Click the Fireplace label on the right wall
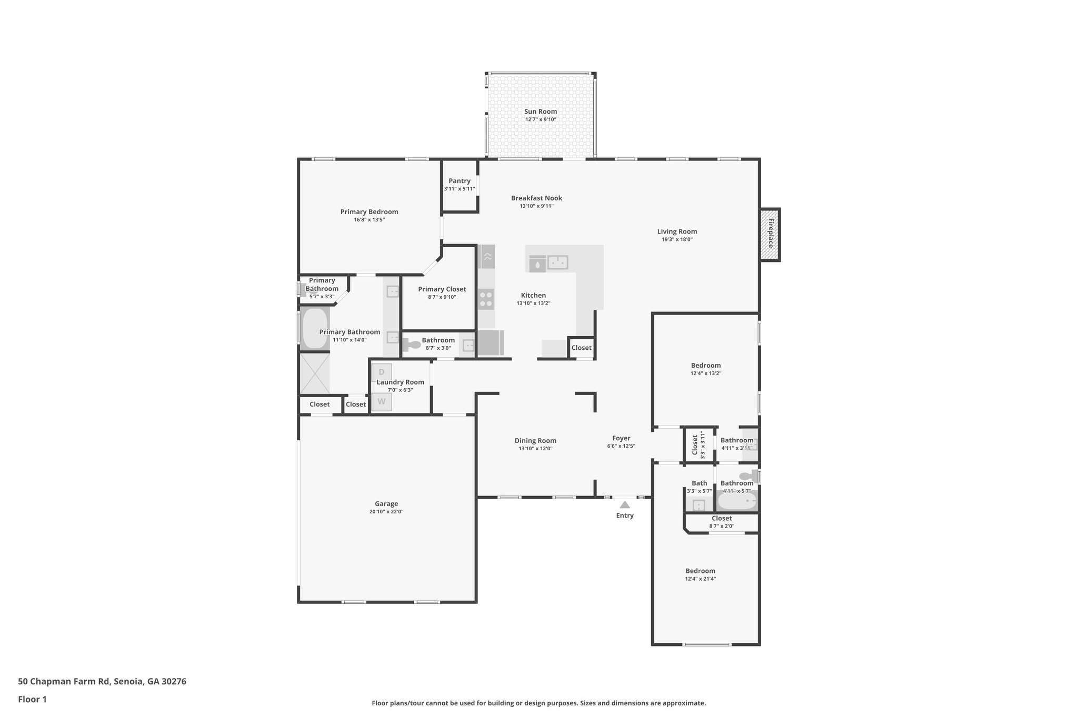[770, 234]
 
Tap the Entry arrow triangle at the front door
[625, 504]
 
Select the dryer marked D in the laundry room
[382, 372]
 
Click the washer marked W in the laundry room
[382, 402]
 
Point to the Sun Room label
[541, 112]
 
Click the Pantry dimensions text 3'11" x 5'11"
[459, 189]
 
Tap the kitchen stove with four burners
[486, 299]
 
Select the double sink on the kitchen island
[557, 262]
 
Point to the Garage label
[386, 503]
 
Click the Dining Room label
[535, 441]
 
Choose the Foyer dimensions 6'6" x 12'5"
[621, 446]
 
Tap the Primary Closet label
[442, 289]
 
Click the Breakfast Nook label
[536, 198]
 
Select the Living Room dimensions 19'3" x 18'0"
[677, 239]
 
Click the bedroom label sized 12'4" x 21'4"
[700, 571]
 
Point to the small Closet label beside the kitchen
[581, 348]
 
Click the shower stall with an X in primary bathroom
[315, 373]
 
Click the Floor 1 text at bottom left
[32, 700]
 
